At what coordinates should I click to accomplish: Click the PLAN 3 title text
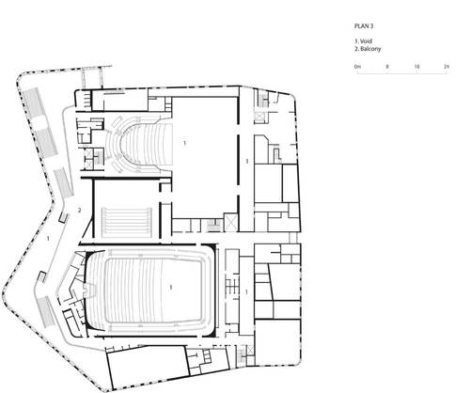364,26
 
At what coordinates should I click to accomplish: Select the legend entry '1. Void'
363,41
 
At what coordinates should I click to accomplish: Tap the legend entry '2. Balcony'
368,49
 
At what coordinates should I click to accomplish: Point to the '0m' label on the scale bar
357,67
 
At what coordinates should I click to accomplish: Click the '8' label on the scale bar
387,67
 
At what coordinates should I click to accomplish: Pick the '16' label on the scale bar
416,67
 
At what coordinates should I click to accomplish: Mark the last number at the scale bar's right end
446,67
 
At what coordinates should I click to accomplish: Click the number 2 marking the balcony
79,211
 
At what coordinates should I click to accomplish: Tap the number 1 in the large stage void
184,143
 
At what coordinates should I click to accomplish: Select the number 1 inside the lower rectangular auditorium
171,287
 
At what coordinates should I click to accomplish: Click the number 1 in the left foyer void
48,239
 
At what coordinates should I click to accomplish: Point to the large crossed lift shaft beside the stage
231,223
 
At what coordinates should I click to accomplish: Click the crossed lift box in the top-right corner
259,117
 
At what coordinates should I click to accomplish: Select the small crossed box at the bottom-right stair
250,350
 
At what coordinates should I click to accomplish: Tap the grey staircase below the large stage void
214,226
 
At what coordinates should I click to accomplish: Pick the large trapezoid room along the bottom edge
148,367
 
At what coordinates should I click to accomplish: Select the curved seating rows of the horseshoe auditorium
139,144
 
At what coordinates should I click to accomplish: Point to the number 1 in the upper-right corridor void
247,162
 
